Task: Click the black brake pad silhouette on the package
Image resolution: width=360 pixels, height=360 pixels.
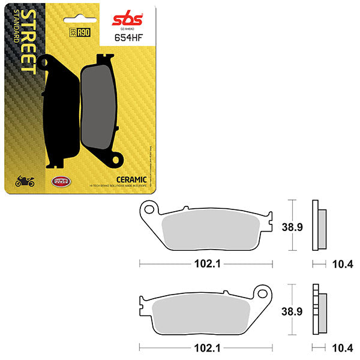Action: coord(62,111)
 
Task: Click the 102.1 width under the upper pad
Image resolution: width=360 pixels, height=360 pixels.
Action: coord(205,262)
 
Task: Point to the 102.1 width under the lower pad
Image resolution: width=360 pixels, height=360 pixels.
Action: coord(205,346)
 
